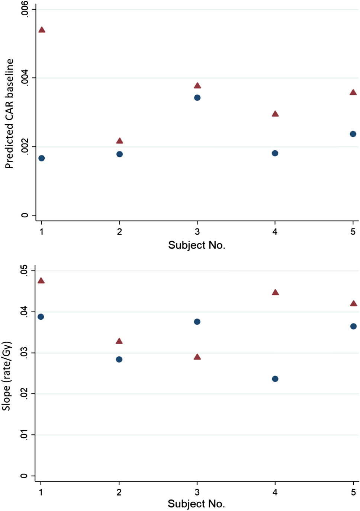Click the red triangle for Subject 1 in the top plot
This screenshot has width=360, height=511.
pyautogui.click(x=42, y=30)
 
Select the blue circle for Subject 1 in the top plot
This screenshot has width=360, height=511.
pyautogui.click(x=42, y=158)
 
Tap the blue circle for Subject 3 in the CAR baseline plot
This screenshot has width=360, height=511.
pyautogui.click(x=197, y=98)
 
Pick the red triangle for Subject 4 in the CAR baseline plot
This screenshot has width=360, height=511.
pyautogui.click(x=275, y=114)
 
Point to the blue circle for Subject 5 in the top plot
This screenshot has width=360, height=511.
pyautogui.click(x=353, y=134)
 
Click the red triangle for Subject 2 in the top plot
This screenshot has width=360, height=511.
pyautogui.click(x=119, y=141)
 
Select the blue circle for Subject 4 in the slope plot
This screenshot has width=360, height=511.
pyautogui.click(x=275, y=379)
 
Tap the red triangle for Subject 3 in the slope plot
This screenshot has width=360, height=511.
pyautogui.click(x=197, y=357)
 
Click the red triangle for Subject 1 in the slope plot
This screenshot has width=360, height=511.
pyautogui.click(x=41, y=281)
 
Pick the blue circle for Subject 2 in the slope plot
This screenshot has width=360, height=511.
pyautogui.click(x=119, y=359)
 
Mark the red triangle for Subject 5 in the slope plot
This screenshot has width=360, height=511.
pyautogui.click(x=353, y=304)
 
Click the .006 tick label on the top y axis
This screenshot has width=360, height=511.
pyautogui.click(x=25, y=9)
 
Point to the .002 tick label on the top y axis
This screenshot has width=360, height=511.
pyautogui.click(x=25, y=147)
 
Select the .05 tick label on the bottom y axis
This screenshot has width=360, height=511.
pyautogui.click(x=25, y=271)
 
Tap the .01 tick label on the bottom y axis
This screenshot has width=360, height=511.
pyautogui.click(x=25, y=435)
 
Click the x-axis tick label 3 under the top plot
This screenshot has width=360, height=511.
pyautogui.click(x=197, y=232)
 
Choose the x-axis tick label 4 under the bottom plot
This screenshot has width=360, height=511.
pyautogui.click(x=275, y=492)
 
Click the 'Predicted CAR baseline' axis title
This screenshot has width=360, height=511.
pyautogui.click(x=9, y=114)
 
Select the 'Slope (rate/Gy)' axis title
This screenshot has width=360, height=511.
pyautogui.click(x=7, y=376)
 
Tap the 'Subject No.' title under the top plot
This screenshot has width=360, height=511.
pyautogui.click(x=197, y=245)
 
